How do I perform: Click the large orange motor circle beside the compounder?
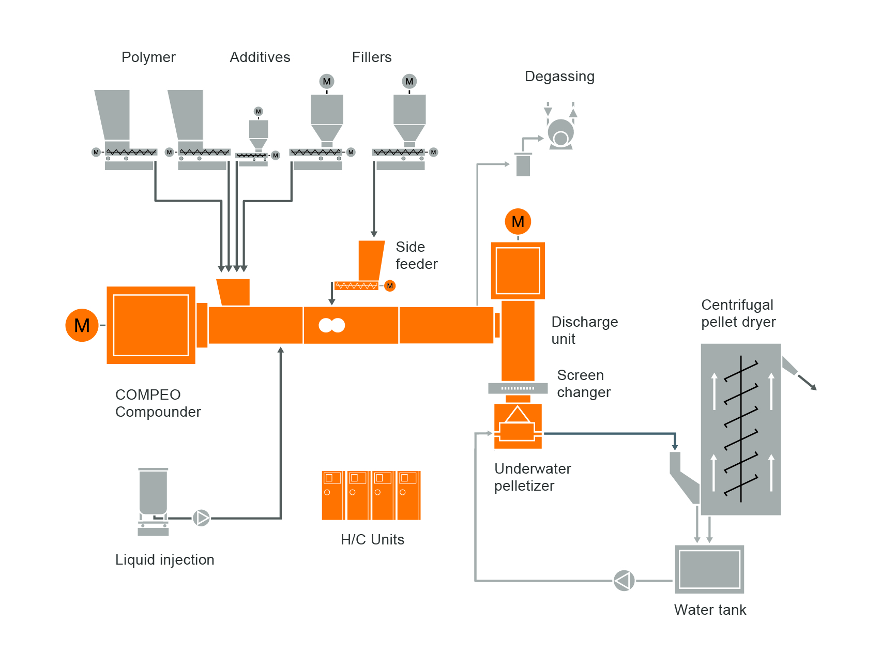coord(82,325)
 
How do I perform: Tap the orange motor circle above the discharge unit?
coord(518,221)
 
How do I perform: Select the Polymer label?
coord(148,57)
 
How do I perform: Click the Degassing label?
coord(559,77)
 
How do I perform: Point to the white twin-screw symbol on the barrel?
coord(331,325)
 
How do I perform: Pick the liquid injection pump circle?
coord(201,518)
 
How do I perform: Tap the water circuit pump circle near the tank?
coord(624,581)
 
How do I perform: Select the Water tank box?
coord(709,569)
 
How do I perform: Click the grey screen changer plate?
coord(518,388)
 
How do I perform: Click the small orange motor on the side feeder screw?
coord(390,286)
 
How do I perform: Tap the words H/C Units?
coord(372,540)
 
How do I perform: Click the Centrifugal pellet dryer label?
coord(738,313)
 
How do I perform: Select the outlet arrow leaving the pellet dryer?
coord(807,382)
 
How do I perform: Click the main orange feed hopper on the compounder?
coord(234,292)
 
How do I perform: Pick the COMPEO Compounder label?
coord(158,403)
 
